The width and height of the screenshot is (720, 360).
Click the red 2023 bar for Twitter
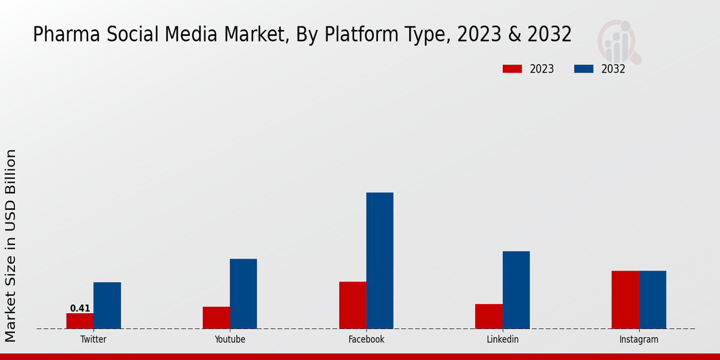(80, 321)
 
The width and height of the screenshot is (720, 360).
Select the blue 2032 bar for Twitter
(107, 305)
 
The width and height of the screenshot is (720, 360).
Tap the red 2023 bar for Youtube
(216, 317)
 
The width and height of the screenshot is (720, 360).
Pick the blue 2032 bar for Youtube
(243, 293)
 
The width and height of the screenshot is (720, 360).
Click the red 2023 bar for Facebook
(352, 305)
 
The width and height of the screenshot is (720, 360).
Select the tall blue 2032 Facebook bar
(380, 260)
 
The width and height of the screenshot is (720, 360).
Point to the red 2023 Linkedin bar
(488, 316)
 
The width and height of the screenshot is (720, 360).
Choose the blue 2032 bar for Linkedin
(516, 290)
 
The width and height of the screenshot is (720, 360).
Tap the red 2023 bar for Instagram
(625, 299)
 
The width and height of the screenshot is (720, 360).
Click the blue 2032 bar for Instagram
(652, 299)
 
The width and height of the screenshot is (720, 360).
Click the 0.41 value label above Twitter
(80, 308)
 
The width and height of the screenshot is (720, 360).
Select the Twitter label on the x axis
(93, 340)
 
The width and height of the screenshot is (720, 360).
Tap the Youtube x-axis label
(230, 340)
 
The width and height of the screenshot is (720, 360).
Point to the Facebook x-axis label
(366, 340)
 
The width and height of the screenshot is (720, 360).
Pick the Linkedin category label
(502, 340)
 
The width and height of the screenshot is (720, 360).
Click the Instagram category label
(638, 340)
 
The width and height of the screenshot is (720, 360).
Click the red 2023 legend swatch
(512, 69)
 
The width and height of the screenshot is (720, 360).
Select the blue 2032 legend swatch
(583, 69)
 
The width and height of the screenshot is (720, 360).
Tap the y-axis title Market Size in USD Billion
(11, 246)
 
